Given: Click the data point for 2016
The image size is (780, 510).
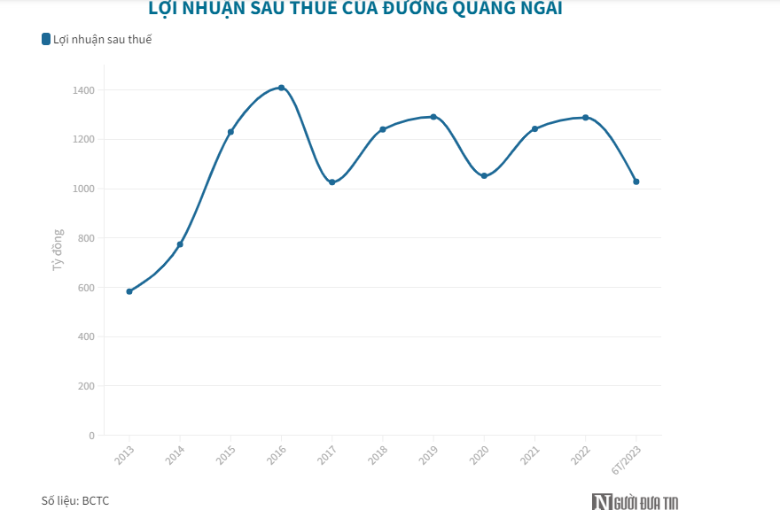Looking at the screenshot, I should [281, 88].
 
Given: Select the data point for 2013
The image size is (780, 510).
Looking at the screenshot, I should [129, 291].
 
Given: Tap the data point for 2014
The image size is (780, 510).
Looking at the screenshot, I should [180, 244].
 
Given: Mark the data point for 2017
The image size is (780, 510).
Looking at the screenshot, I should [332, 182].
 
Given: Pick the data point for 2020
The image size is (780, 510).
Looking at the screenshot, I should [484, 176].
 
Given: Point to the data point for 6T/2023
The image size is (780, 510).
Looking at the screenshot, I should [636, 182].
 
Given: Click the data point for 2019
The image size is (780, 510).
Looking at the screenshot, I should [433, 117].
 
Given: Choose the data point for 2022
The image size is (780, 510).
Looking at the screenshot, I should [586, 118].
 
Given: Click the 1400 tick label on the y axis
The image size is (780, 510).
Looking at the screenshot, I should [84, 90].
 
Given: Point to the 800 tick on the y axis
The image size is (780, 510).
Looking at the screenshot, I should [87, 238].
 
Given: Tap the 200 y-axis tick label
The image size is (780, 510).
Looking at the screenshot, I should [87, 386].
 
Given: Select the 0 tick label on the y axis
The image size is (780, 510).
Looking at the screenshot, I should [91, 436].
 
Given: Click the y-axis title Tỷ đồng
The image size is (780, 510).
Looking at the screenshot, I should [58, 250].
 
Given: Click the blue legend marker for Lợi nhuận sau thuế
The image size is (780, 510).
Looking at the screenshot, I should [46, 39].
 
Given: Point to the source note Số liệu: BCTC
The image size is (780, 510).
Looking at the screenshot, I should [75, 500].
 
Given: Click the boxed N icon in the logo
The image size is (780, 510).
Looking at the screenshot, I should [603, 501].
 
